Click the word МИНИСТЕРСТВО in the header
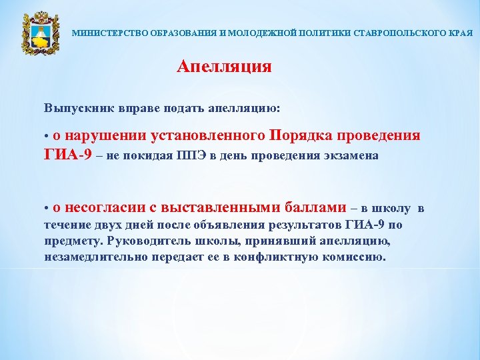click(101, 33)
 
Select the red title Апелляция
click(224, 67)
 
